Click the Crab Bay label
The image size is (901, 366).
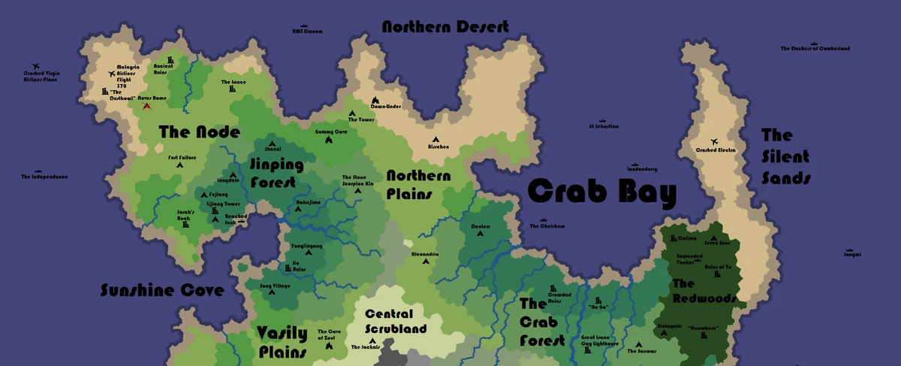[602, 192]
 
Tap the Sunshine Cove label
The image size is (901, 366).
[162, 291]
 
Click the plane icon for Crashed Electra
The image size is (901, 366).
[714, 142]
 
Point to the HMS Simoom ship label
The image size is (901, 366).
[307, 32]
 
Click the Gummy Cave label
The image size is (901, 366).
[331, 132]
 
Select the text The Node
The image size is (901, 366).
[199, 132]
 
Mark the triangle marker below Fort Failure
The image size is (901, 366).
[181, 165]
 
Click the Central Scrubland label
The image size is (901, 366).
[396, 321]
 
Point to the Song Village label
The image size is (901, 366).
[275, 286]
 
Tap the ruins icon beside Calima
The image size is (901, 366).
[672, 239]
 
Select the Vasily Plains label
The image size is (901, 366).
[282, 342]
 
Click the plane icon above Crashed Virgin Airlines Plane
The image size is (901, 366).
[35, 67]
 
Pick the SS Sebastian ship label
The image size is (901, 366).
[604, 126]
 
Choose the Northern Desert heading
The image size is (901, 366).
[445, 27]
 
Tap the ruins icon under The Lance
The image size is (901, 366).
[233, 90]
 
